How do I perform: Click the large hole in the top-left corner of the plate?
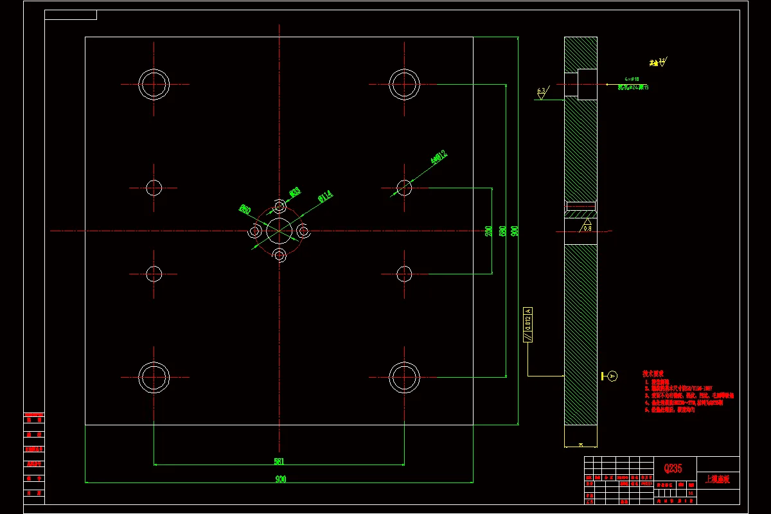154,84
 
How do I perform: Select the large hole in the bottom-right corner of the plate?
404,377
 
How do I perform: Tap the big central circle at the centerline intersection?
279,231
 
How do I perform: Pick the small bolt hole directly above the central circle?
279,206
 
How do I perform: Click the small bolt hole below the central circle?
279,255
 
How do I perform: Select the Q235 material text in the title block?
673,468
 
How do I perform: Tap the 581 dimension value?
279,461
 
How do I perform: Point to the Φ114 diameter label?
324,196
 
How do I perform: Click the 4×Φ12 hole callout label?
439,157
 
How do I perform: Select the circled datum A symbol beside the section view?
612,376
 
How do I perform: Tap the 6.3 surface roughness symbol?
541,93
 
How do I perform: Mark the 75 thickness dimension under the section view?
581,445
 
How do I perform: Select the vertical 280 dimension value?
489,231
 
